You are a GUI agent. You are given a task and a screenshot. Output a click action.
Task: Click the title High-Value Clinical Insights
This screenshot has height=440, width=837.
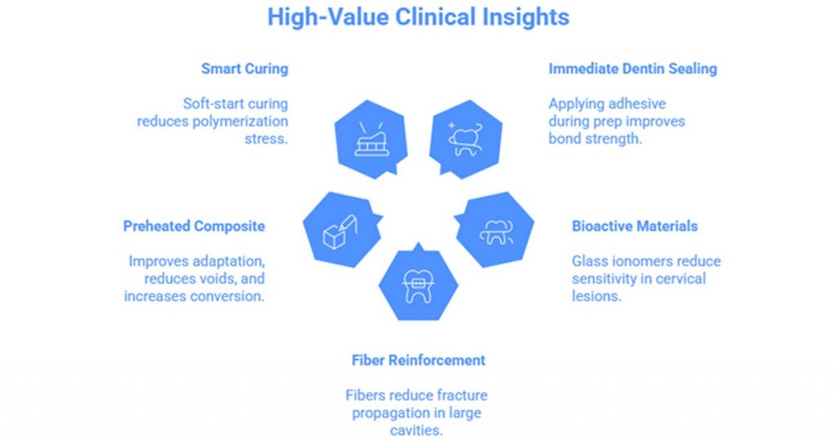click(418, 17)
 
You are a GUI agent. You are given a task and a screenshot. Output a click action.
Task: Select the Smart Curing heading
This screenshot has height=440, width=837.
click(244, 69)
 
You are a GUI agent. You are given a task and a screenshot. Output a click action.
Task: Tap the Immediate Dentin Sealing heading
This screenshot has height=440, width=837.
click(632, 69)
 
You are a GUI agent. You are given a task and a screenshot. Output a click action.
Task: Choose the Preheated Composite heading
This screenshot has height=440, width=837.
click(194, 226)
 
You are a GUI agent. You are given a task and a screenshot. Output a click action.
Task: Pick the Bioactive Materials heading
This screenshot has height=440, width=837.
click(634, 226)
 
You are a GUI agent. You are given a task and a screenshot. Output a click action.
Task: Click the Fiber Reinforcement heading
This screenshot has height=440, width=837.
click(418, 360)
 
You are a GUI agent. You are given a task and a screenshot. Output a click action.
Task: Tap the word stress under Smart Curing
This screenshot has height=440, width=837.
click(270, 139)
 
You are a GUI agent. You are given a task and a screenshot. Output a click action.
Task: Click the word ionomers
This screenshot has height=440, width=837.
click(634, 262)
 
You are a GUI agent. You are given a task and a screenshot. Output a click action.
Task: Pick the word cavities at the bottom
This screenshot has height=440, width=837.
click(418, 430)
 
